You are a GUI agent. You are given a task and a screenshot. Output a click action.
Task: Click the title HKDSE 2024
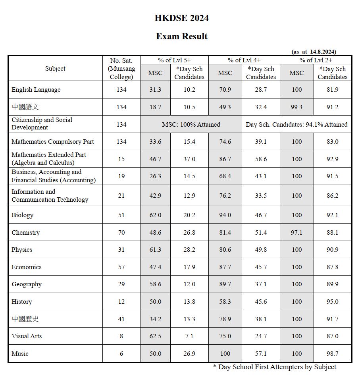pos(181,18)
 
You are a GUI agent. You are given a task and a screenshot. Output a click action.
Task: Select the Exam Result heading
pos(181,37)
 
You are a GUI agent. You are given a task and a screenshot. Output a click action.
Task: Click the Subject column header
pos(55,69)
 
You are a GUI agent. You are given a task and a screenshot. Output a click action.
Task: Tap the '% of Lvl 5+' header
pos(174,60)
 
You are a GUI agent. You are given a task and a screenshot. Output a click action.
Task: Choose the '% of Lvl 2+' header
pos(316,60)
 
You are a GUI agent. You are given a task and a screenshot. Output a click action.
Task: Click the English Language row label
pos(36,90)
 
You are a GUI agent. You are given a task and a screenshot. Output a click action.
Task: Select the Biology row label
pos(23,215)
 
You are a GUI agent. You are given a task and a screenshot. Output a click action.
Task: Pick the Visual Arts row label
pos(27,336)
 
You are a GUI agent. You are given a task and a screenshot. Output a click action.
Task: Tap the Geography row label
pos(27,284)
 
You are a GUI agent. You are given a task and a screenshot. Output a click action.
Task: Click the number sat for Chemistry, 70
pos(121,233)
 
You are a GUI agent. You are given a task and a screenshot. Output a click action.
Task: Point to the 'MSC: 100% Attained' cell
pos(191,125)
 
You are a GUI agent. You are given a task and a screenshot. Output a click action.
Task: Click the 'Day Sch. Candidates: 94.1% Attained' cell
pos(296,125)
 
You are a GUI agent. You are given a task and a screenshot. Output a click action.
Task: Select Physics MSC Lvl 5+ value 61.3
pos(155,250)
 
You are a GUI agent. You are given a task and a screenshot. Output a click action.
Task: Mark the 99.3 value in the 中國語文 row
pos(296,107)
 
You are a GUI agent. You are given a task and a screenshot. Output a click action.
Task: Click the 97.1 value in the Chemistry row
pos(296,233)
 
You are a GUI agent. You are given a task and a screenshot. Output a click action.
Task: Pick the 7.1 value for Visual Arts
pos(189,336)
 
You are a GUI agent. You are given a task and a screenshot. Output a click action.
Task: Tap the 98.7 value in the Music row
pos(332,354)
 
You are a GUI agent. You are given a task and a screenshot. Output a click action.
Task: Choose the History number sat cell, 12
pos(121,302)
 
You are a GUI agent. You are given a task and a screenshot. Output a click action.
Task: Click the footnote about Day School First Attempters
pos(275,367)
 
